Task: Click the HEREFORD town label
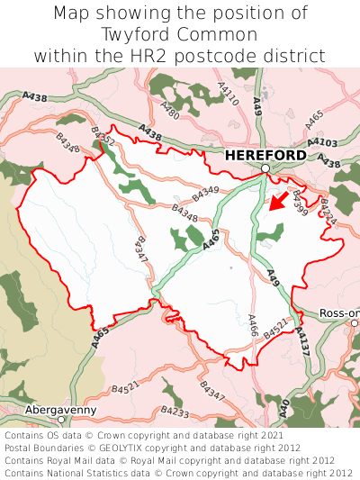coord(265,155)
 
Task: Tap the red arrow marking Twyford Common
coord(279,200)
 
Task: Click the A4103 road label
coord(321,142)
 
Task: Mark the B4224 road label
coord(328,210)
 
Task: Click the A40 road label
coord(284,407)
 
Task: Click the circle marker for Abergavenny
coord(61,420)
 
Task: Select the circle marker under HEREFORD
coord(265,168)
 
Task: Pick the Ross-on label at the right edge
coord(339,313)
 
